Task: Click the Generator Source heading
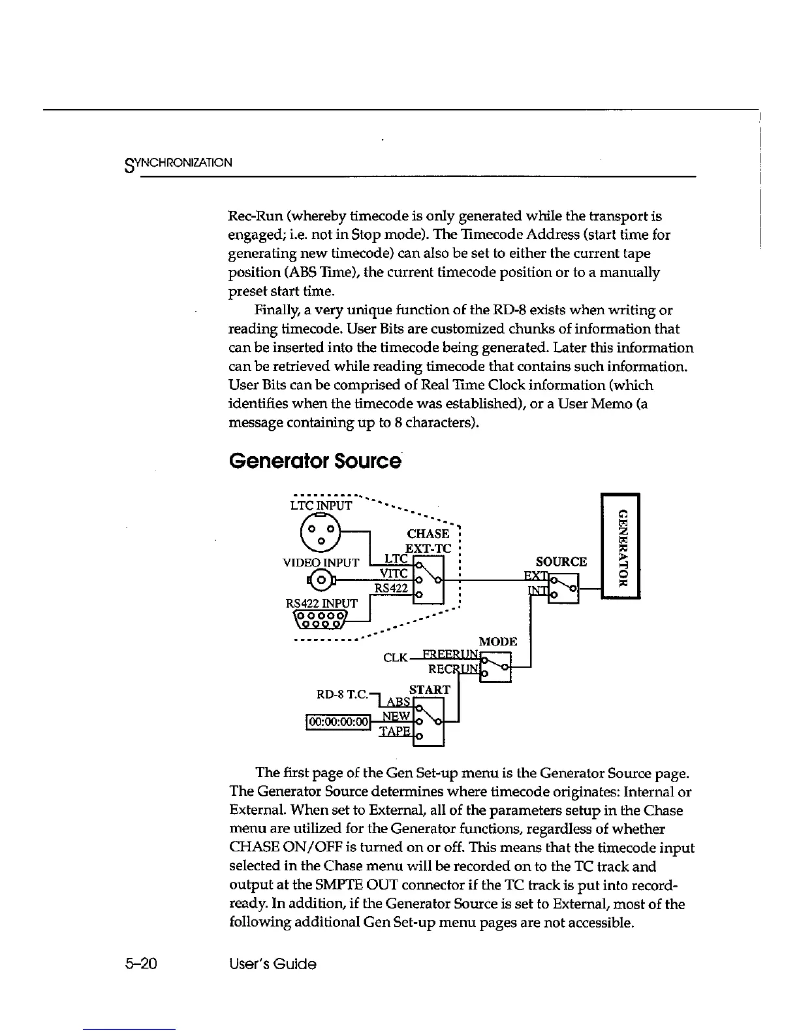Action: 315,461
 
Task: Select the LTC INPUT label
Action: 321,506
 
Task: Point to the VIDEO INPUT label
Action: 321,563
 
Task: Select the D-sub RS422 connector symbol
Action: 322,619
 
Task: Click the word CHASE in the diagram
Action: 428,534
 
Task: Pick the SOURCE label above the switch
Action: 561,562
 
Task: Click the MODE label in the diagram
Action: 498,642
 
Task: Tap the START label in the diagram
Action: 429,690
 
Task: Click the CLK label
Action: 396,657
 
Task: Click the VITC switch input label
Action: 394,574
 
